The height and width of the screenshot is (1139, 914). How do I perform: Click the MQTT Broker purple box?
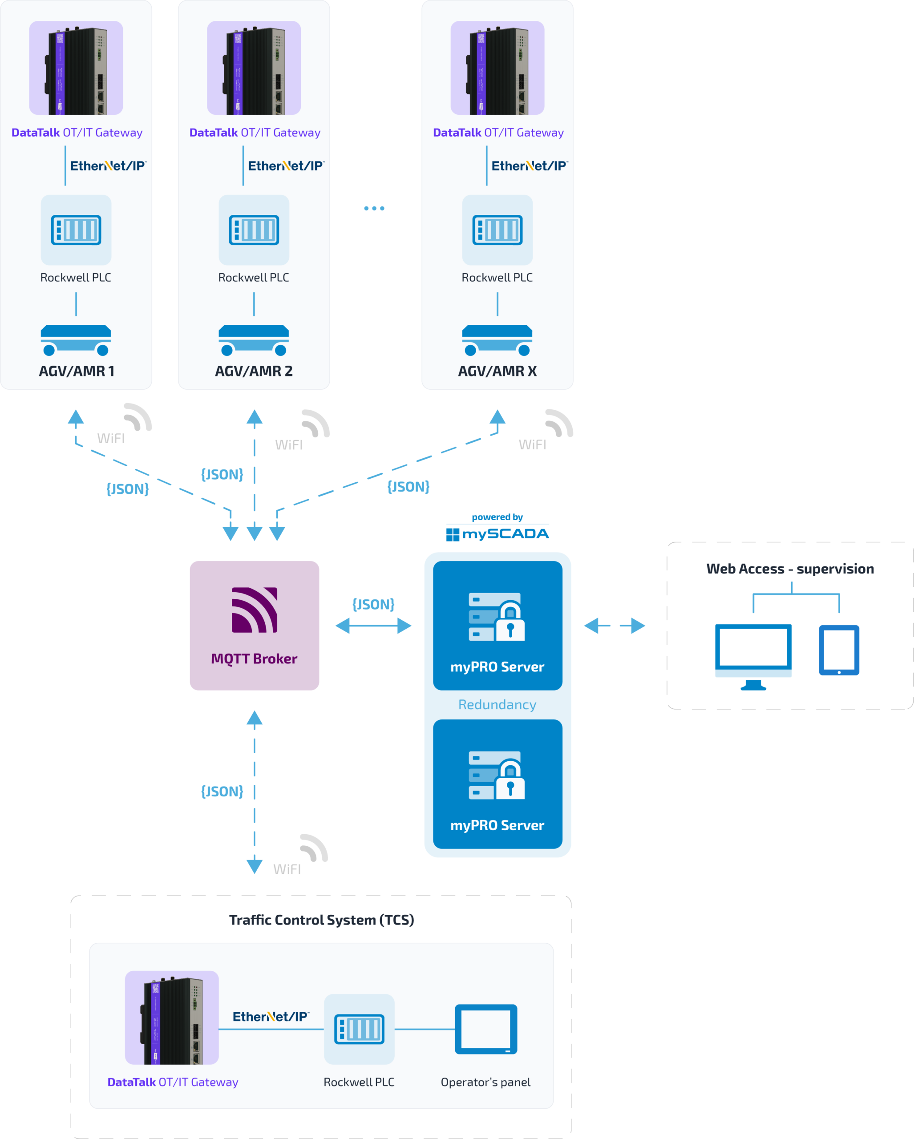(x=254, y=625)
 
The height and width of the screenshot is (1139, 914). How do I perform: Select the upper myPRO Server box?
(x=497, y=625)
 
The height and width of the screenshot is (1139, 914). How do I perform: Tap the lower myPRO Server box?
(x=497, y=784)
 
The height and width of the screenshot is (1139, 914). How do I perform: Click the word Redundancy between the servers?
(x=497, y=705)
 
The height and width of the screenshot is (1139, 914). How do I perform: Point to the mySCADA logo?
(x=497, y=533)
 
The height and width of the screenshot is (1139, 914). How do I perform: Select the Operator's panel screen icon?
(x=485, y=1029)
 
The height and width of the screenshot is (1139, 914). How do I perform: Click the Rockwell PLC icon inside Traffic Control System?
(x=359, y=1029)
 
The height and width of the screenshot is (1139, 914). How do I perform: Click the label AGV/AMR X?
(x=497, y=372)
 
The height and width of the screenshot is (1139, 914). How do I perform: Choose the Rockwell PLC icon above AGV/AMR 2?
(x=254, y=230)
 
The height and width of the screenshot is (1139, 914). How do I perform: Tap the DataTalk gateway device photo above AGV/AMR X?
(x=497, y=68)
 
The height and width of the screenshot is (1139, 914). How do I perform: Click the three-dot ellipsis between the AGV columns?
(x=374, y=208)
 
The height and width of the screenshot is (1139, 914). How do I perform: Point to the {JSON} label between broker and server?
(x=373, y=604)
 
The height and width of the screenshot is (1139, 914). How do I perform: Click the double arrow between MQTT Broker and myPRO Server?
(x=373, y=626)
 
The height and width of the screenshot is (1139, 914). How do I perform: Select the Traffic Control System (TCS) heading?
(x=321, y=920)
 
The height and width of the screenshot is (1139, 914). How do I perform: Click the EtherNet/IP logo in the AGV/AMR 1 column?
(x=108, y=166)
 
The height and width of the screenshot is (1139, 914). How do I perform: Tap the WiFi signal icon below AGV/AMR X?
(x=559, y=423)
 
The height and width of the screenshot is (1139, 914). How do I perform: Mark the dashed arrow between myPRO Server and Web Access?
(x=615, y=626)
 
